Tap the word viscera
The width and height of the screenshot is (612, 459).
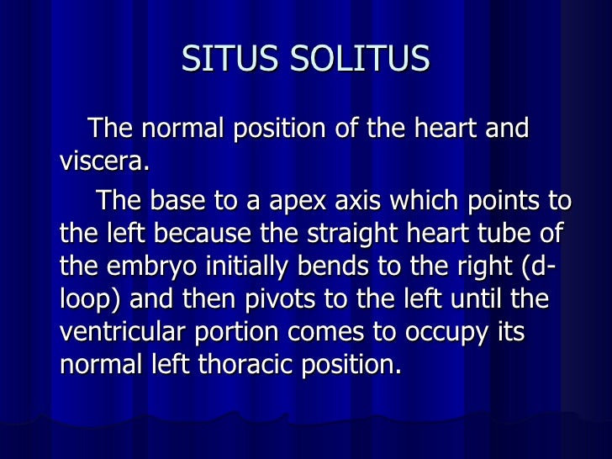coord(104,161)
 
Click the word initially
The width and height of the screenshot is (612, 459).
coord(234,266)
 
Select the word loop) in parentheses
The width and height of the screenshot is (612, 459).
coord(87,299)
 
